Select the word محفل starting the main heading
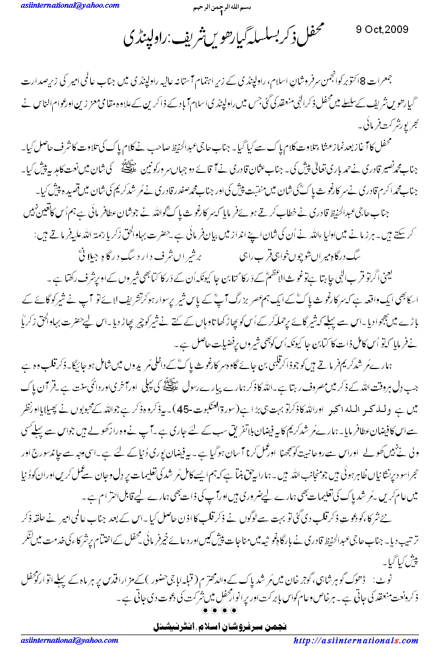tap(318, 40)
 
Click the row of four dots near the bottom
tap(220, 610)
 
